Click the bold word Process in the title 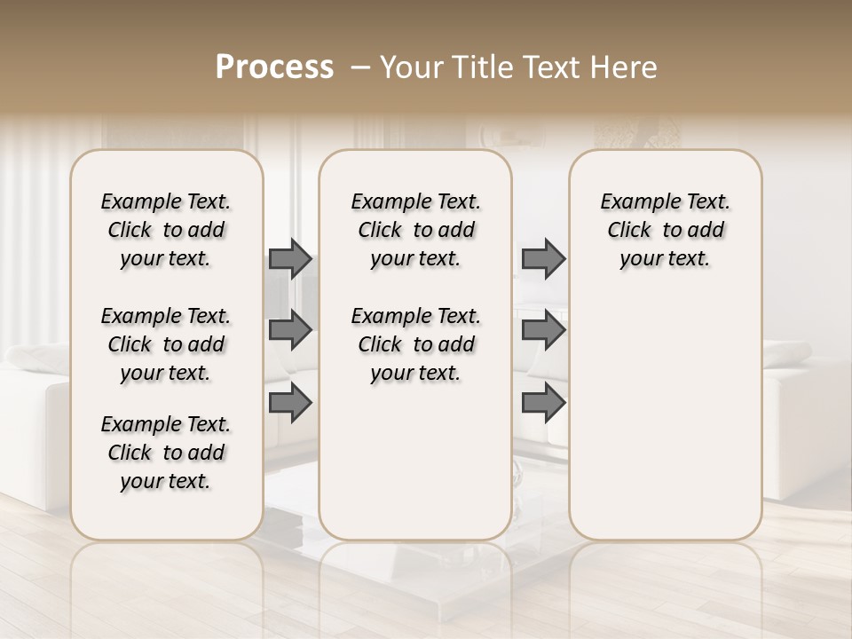pos(274,67)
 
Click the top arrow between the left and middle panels pos(290,259)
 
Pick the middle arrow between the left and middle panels pos(290,330)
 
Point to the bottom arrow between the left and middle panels pos(290,404)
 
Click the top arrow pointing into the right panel pos(543,259)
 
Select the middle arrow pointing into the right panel pos(543,330)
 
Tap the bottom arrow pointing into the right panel pos(543,404)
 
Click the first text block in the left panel pos(166,230)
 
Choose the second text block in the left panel pos(166,344)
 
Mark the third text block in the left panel pos(166,453)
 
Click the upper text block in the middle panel pos(415,230)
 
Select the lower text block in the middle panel pos(415,344)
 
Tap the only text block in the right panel pos(666,230)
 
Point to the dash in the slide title pos(360,67)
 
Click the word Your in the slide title pos(411,67)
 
